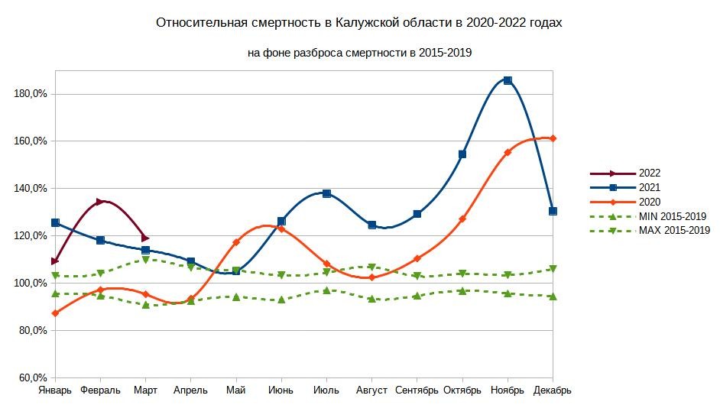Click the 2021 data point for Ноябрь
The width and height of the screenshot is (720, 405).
click(x=508, y=80)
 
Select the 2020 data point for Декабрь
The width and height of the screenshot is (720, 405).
click(x=553, y=138)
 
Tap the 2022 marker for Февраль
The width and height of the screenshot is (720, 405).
click(x=100, y=202)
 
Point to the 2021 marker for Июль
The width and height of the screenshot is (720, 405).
click(x=326, y=193)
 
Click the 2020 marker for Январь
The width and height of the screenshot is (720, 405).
click(x=55, y=313)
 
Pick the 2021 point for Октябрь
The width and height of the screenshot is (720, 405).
click(x=462, y=154)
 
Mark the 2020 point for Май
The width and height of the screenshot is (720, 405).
click(x=236, y=242)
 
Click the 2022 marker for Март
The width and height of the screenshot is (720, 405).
click(x=145, y=238)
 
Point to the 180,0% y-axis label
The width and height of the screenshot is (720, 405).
click(x=31, y=94)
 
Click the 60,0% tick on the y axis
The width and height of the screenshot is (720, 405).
click(x=33, y=377)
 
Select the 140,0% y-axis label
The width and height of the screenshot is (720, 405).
click(x=31, y=189)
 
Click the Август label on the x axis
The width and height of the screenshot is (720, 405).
click(x=372, y=390)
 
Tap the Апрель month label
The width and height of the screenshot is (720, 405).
click(x=190, y=390)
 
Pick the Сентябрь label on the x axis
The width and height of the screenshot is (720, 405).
click(x=417, y=390)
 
